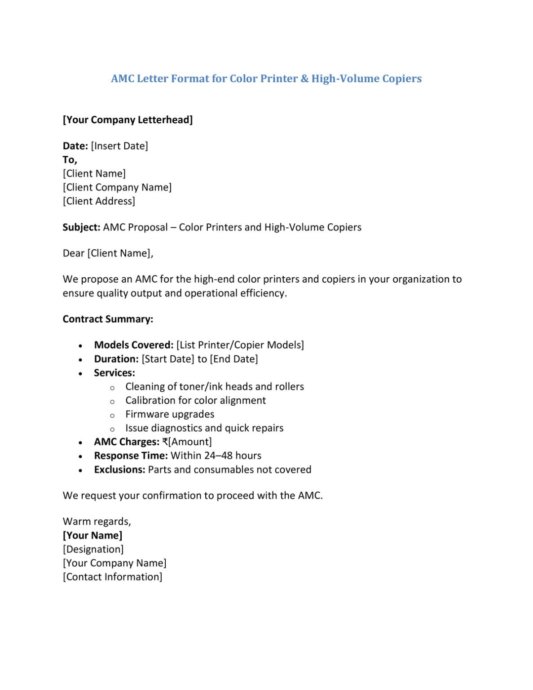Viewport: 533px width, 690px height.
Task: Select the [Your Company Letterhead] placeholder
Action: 128,120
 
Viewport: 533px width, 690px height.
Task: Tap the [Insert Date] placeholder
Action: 119,146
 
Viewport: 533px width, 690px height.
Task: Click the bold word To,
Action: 70,160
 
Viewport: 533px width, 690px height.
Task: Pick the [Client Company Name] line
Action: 117,187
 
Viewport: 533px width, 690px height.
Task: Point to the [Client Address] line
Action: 99,201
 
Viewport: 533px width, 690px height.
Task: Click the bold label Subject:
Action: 81,227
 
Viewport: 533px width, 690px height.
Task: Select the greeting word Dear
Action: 73,253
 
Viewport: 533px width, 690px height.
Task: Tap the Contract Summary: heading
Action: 108,319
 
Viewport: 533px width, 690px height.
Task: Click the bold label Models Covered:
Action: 133,345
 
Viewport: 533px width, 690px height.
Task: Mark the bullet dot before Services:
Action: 80,373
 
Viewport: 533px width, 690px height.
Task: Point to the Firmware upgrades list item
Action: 170,414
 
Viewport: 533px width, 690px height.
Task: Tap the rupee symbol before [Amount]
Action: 165,442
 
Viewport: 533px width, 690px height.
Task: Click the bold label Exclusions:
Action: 119,469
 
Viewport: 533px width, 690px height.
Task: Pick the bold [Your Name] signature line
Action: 93,535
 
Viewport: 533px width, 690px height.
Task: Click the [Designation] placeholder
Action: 93,549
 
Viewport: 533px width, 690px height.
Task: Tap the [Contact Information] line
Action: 112,577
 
